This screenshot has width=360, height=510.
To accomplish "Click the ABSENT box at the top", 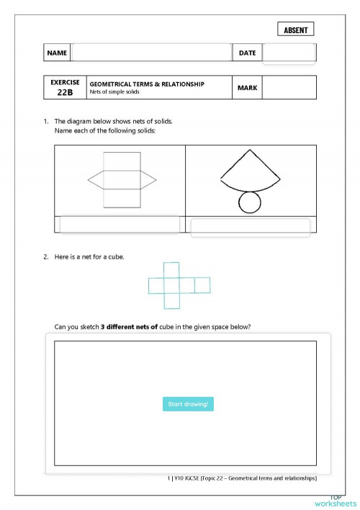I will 295,30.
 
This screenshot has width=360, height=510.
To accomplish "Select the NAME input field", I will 151,53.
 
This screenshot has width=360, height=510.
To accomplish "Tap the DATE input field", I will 289,53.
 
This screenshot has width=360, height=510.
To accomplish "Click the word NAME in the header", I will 57,53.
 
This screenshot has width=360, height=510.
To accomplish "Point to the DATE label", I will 247,53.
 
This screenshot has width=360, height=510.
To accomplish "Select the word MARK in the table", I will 246,88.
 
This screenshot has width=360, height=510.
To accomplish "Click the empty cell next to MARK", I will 289,88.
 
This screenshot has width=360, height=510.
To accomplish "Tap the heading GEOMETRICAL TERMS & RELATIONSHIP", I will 146,84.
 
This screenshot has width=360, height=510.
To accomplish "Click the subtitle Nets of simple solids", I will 114,92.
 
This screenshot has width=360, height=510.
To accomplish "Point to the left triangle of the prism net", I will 96,179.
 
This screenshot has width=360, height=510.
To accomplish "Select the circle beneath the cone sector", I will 250,203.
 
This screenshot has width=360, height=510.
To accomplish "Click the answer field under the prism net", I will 120,225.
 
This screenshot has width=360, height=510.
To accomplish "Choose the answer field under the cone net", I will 250,227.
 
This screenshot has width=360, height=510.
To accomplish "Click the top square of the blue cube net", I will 171,269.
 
